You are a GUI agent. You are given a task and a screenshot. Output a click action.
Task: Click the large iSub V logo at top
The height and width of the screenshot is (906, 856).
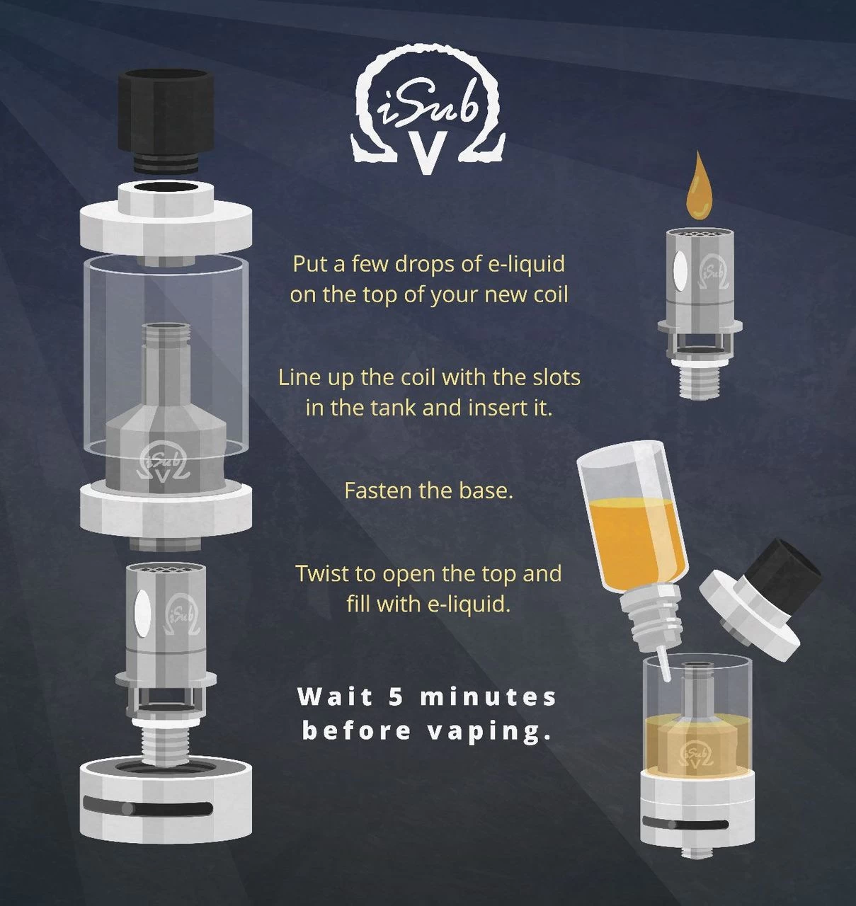coord(428,110)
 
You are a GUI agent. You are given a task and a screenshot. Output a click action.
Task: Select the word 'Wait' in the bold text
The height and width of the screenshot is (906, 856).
coord(335,696)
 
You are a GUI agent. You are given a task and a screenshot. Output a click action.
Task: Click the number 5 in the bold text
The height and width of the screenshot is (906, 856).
coord(396,696)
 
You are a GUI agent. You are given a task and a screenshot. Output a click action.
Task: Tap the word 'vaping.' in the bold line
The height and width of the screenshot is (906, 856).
coord(490,730)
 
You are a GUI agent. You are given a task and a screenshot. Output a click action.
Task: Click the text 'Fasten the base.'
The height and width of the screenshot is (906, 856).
coord(428,491)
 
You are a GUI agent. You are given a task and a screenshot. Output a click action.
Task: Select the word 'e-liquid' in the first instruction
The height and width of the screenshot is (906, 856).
coord(527,264)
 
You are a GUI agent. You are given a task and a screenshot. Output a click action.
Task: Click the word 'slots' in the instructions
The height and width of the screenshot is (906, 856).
coord(556,377)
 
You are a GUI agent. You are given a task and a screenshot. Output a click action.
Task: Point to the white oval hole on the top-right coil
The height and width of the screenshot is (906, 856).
coord(679,271)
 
